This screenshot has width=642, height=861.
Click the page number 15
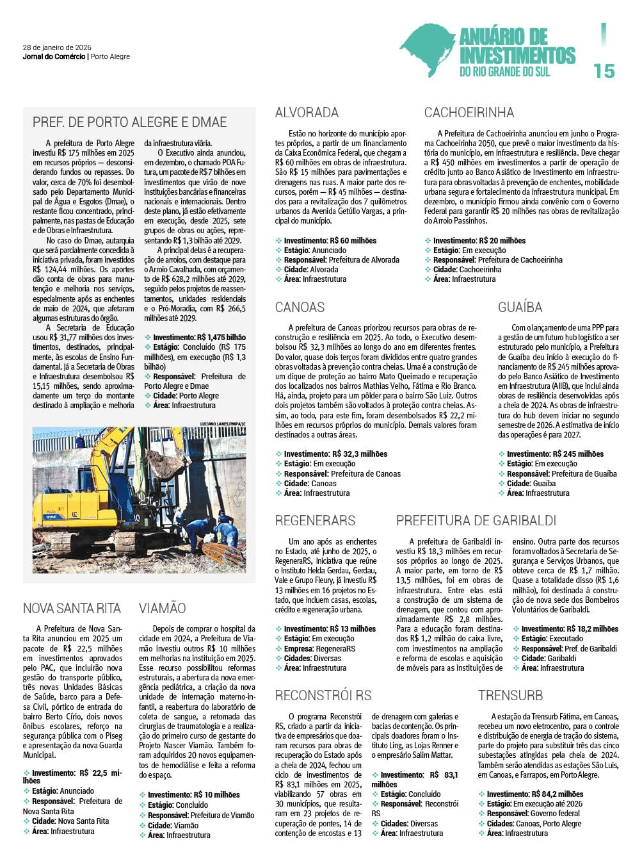pos(604,70)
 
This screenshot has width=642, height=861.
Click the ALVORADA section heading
pos(307,113)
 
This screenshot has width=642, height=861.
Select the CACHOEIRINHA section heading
pos(469,113)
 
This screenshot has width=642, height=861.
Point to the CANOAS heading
pos(300,307)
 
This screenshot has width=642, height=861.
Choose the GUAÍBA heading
pos(520,307)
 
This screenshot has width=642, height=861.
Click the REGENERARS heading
pos(315,520)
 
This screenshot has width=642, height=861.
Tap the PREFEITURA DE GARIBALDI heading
pos(476,520)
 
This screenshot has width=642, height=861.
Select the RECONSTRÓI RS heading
pos(323,695)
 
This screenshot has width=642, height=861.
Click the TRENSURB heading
pos(510,695)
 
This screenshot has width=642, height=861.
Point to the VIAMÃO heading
pos(163,608)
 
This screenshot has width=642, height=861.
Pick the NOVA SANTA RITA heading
pos(72,608)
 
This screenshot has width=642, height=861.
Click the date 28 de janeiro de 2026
pos(57,47)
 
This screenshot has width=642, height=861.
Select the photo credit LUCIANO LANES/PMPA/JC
pos(222,424)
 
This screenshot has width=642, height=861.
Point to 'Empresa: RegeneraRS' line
pos(319,648)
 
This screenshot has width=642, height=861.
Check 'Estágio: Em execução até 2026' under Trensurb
pos(534,804)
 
